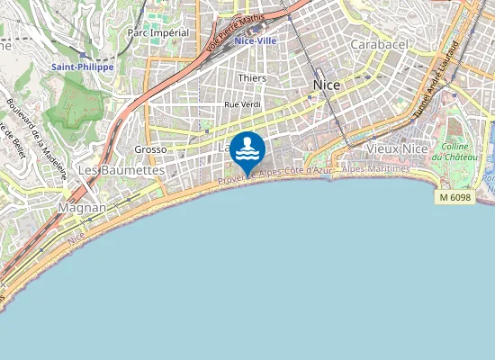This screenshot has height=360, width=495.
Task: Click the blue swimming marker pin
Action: (x=247, y=151)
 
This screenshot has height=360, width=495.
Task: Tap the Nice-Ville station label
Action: (x=255, y=40)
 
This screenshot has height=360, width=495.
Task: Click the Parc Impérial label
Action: (x=158, y=32)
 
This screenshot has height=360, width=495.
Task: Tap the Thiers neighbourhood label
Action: (x=251, y=78)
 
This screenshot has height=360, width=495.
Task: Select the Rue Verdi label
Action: (x=241, y=104)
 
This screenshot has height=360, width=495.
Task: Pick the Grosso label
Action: (x=150, y=149)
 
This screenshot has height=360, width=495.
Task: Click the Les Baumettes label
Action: (x=121, y=169)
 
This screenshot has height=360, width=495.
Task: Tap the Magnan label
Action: (x=81, y=207)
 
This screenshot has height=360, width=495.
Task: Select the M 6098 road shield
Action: (x=454, y=196)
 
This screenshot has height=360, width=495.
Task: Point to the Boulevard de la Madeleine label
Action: (x=37, y=139)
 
